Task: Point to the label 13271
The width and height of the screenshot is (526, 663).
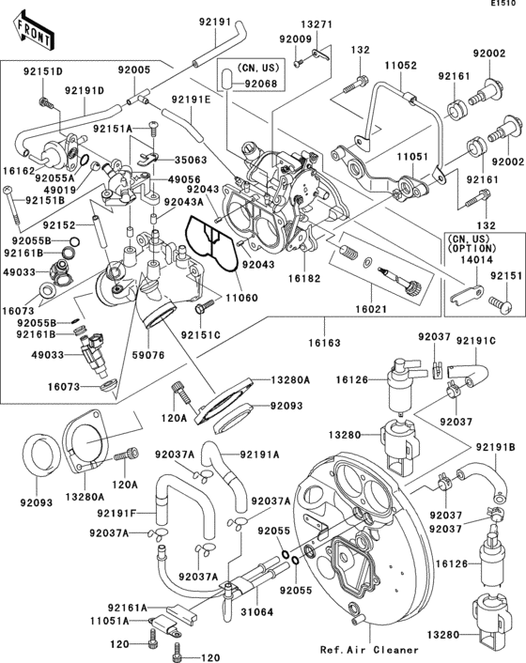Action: coord(317,23)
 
